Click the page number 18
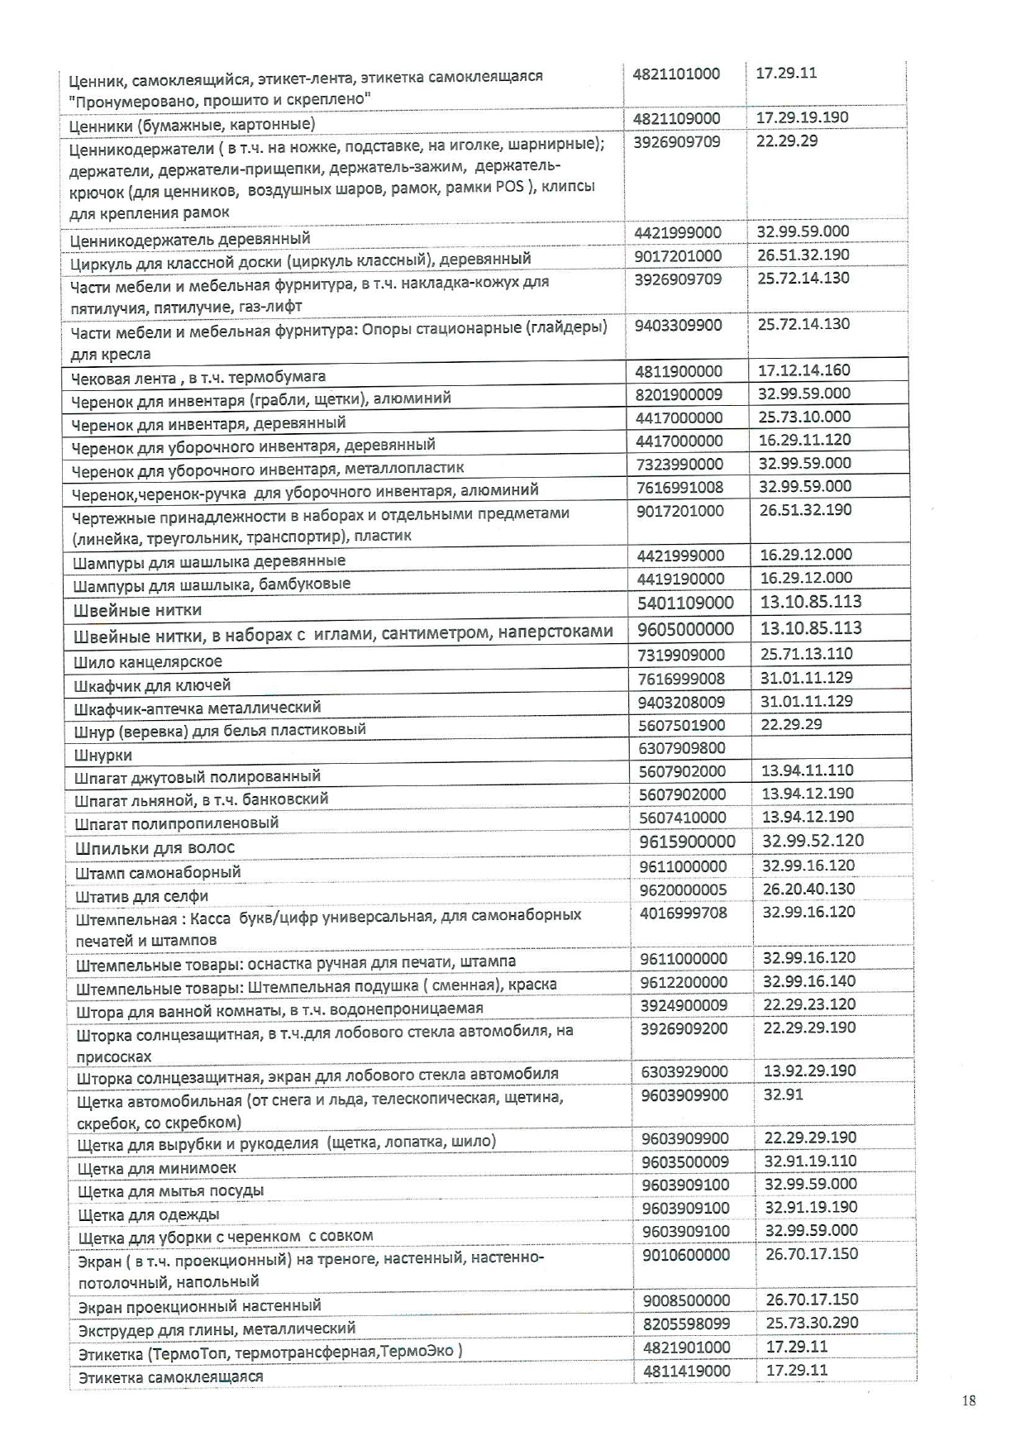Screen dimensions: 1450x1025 (969, 1400)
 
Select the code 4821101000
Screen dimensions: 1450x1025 (676, 74)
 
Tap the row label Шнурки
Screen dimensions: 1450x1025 (103, 755)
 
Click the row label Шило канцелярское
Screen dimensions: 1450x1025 (148, 661)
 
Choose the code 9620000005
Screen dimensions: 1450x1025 (684, 890)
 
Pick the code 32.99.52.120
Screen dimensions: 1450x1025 (813, 841)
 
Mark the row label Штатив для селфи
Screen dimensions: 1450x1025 (142, 896)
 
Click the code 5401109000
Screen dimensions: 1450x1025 (685, 603)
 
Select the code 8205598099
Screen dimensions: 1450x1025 (686, 1324)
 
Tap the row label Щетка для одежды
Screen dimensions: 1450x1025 (149, 1214)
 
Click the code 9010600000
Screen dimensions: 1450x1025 (686, 1255)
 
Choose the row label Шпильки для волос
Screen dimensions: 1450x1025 (155, 847)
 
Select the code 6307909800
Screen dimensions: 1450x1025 (682, 748)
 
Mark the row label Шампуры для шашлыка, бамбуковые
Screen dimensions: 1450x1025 (212, 584)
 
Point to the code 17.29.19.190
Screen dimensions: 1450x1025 (802, 117)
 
